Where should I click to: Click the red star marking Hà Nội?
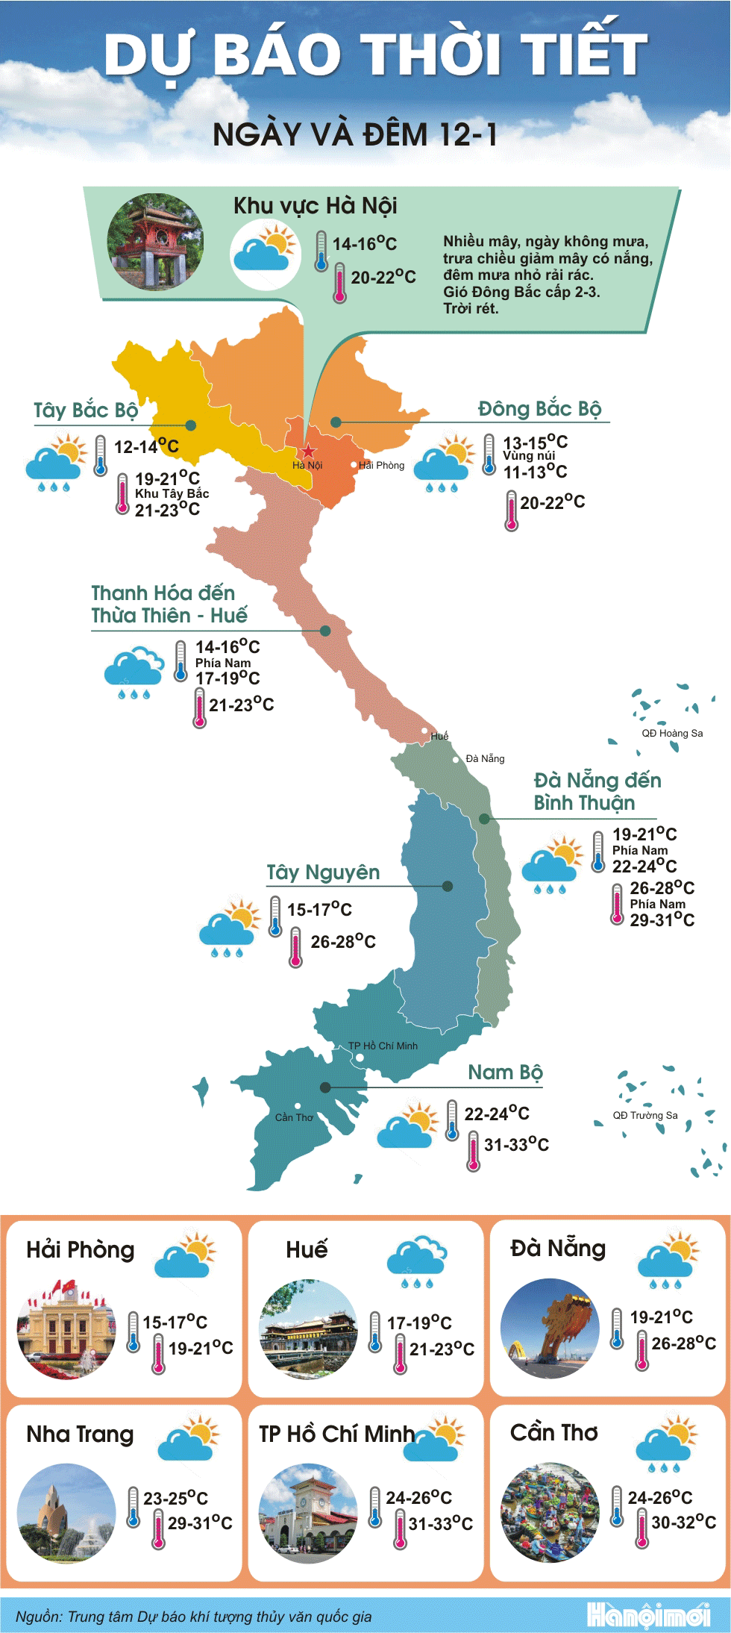pyautogui.click(x=308, y=451)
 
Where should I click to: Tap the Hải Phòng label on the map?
pyautogui.click(x=381, y=465)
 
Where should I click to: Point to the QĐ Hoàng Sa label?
pyautogui.click(x=672, y=733)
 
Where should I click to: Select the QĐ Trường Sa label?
pyautogui.click(x=645, y=1115)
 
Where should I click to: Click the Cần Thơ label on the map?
pyautogui.click(x=294, y=1117)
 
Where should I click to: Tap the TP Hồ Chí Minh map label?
pyautogui.click(x=383, y=1046)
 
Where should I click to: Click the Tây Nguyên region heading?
pyautogui.click(x=323, y=872)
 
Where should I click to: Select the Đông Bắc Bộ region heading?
pyautogui.click(x=539, y=409)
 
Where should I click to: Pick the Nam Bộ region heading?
pyautogui.click(x=505, y=1072)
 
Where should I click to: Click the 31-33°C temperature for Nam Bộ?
pyautogui.click(x=516, y=1144)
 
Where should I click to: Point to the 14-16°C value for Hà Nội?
pyautogui.click(x=364, y=244)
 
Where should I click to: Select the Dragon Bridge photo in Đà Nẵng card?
pyautogui.click(x=550, y=1328)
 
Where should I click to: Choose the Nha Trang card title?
pyautogui.click(x=80, y=1434)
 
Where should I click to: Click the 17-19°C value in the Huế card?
pyautogui.click(x=419, y=1323)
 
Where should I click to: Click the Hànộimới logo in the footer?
pyautogui.click(x=647, y=1615)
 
